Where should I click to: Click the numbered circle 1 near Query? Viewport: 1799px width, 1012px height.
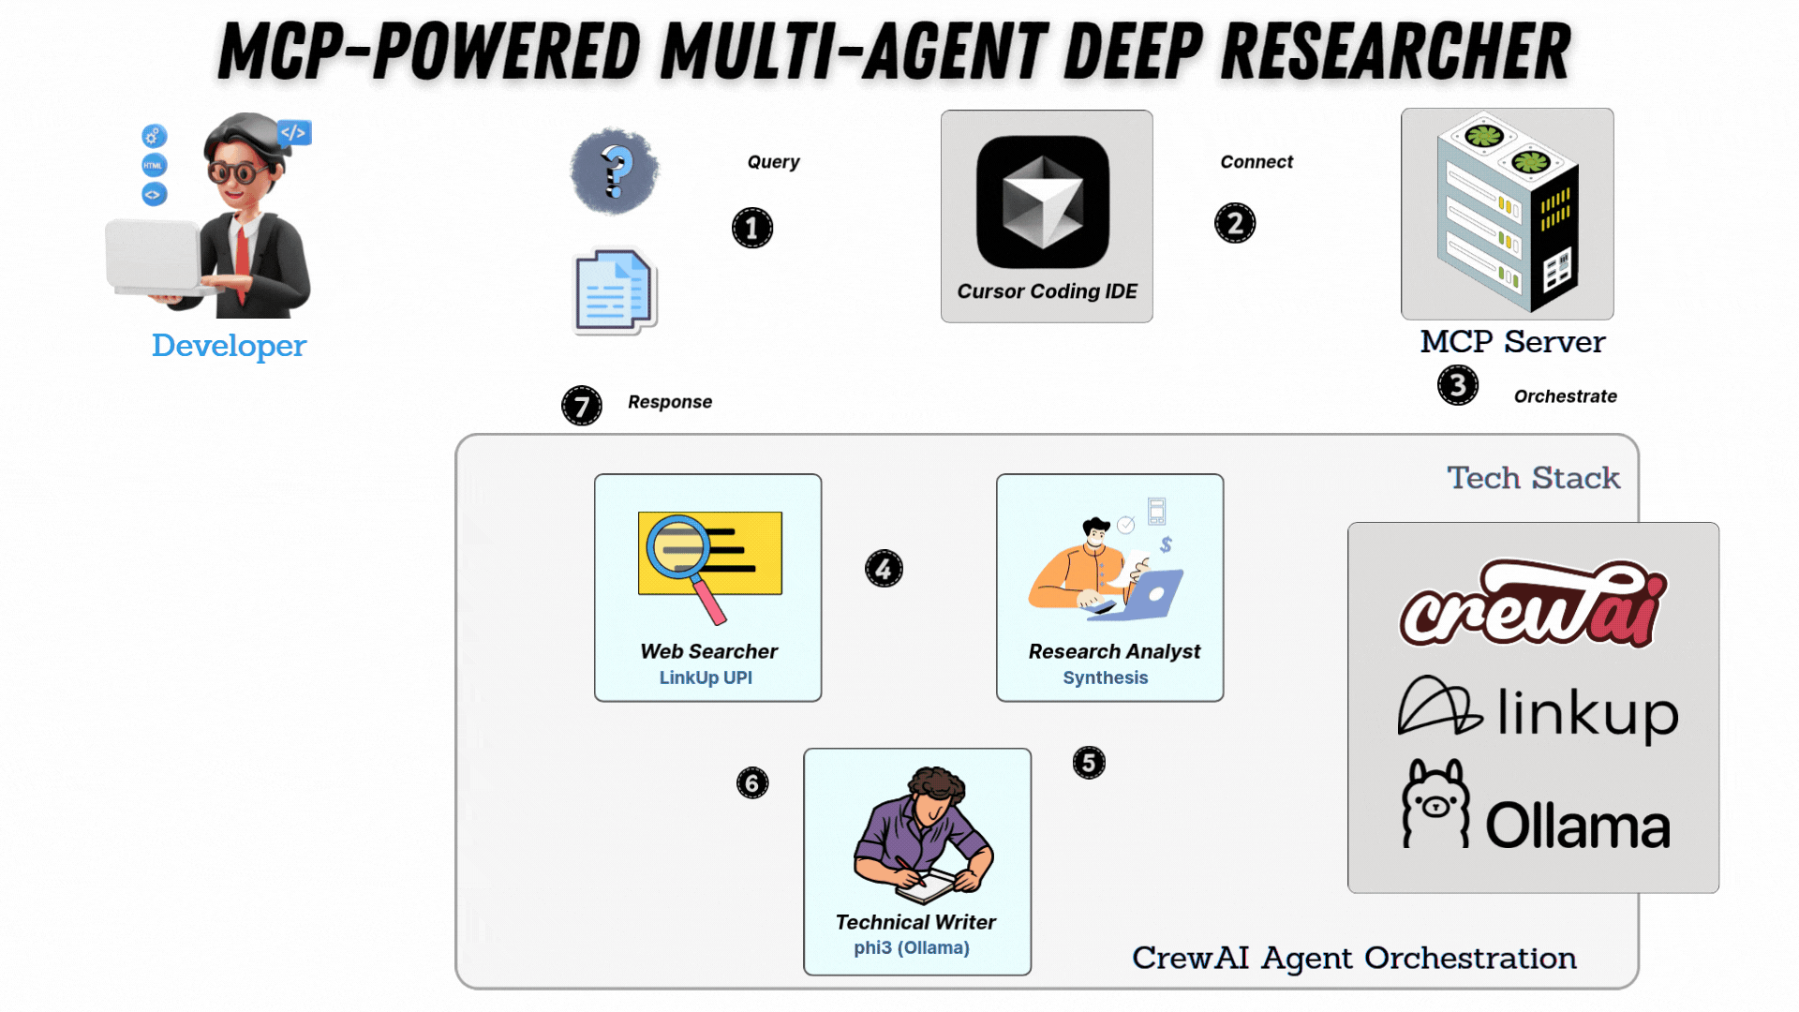[x=752, y=228]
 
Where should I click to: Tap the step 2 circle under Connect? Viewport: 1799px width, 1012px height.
[x=1235, y=223]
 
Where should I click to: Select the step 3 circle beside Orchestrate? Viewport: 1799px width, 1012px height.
[x=1458, y=385]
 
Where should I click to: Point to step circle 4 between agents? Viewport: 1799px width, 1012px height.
[x=884, y=569]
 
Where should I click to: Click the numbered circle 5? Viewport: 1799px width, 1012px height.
[x=1089, y=763]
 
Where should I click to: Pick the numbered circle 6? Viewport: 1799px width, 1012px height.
[x=752, y=782]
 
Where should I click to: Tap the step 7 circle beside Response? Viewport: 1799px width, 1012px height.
[x=582, y=406]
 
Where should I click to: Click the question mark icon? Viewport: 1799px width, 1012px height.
[x=615, y=171]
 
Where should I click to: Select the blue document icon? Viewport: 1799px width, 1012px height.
[x=615, y=291]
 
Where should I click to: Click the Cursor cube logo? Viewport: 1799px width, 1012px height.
[x=1043, y=202]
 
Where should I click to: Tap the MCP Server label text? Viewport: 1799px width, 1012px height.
[x=1512, y=342]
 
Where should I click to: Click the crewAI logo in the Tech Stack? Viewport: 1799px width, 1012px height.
[x=1533, y=604]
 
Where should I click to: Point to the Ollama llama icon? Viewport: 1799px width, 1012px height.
[x=1435, y=804]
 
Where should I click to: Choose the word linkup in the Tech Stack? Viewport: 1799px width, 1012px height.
[x=1587, y=714]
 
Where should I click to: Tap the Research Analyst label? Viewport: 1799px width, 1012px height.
[x=1114, y=651]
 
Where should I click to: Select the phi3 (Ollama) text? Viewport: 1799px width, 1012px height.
[x=912, y=947]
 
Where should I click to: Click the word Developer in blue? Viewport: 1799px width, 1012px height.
[x=229, y=346]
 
